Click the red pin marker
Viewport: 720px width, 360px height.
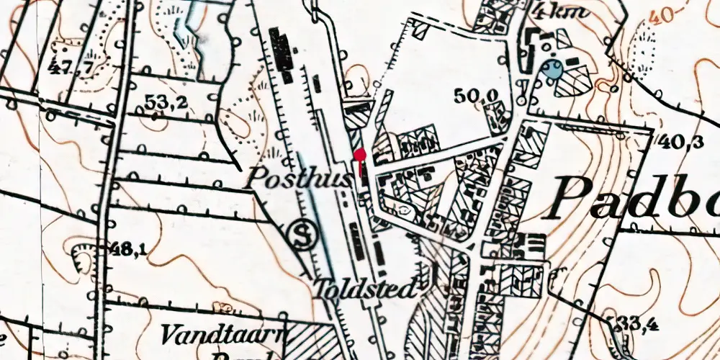click(x=360, y=155)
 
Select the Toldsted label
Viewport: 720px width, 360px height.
click(x=365, y=290)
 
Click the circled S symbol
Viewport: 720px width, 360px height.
click(x=301, y=234)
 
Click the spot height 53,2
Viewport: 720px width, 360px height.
click(x=166, y=103)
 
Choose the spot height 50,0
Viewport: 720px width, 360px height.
click(x=475, y=94)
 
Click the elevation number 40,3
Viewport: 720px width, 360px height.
click(x=680, y=142)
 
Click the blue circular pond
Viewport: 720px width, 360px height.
click(x=552, y=70)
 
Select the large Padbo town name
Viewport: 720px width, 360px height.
click(x=637, y=196)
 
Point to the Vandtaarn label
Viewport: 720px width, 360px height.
click(x=224, y=333)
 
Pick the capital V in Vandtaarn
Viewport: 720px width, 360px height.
click(x=171, y=333)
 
